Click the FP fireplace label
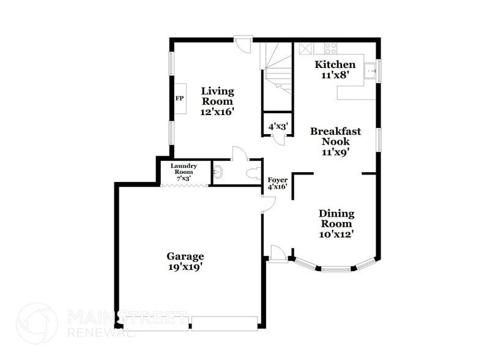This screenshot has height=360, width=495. pyautogui.click(x=180, y=98)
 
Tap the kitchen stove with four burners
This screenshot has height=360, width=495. pyautogui.click(x=330, y=47)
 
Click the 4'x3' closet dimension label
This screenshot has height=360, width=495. pyautogui.click(x=278, y=127)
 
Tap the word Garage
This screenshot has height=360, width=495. pyautogui.click(x=185, y=256)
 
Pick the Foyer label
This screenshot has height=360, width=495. pyautogui.click(x=278, y=179)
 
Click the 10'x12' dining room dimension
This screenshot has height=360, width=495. pyautogui.click(x=337, y=233)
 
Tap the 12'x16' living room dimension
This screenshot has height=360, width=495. pyautogui.click(x=217, y=112)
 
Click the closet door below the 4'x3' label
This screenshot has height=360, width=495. pyautogui.click(x=279, y=139)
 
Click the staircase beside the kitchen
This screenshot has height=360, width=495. pyautogui.click(x=277, y=67)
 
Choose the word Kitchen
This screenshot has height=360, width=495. pyautogui.click(x=334, y=64)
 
